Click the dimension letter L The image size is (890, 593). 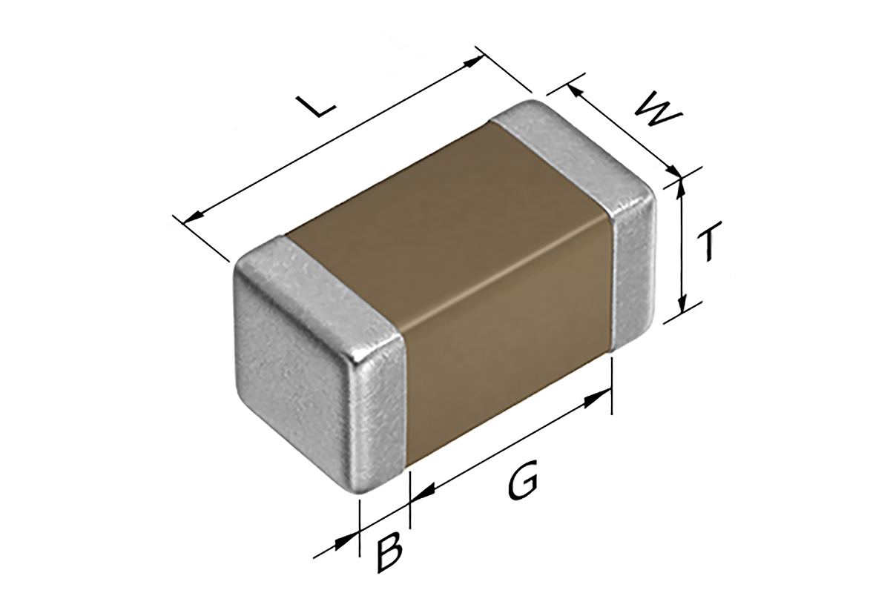tap(317, 107)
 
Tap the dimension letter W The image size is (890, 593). tap(657, 109)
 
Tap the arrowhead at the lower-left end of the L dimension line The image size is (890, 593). tap(192, 217)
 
